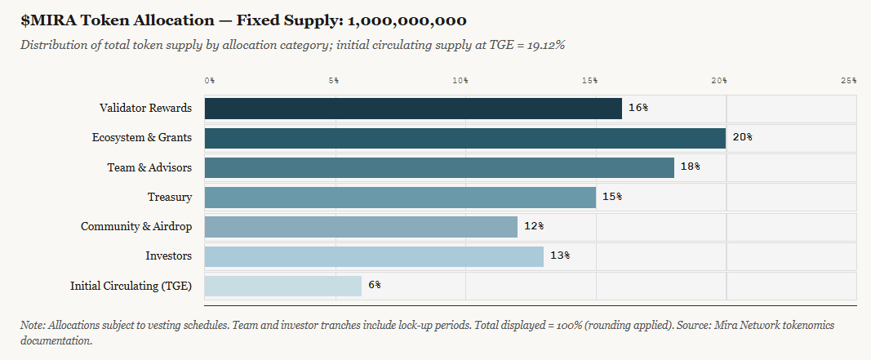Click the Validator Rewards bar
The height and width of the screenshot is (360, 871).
point(413,109)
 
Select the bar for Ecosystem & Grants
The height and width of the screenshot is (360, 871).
point(465,138)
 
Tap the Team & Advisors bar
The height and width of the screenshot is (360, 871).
point(439,167)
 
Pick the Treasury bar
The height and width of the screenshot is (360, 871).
point(400,197)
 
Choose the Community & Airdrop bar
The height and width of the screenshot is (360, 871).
point(361,226)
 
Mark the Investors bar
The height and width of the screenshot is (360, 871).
point(374,256)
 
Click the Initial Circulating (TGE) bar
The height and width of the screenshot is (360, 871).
point(282,286)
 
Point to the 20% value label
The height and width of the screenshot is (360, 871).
point(742,137)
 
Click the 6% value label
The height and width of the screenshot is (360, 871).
point(375,285)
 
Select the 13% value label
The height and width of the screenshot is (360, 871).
point(559,256)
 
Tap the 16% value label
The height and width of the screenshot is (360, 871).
point(638,108)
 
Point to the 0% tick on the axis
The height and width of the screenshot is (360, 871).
point(209,80)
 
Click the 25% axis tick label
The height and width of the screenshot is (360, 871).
point(848,80)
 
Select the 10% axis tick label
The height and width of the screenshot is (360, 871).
point(460,80)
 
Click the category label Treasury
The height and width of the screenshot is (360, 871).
point(170,197)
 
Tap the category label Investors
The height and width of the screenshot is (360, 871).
point(168,256)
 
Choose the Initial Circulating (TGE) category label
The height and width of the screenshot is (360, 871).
point(131,286)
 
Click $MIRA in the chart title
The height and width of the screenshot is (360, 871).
point(46,20)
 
